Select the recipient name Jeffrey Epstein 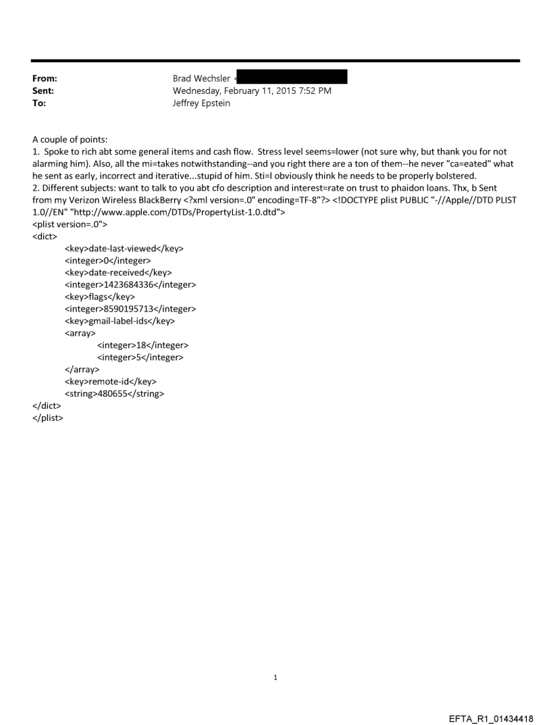click(201, 103)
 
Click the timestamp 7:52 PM click(314, 91)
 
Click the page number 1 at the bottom click(275, 677)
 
